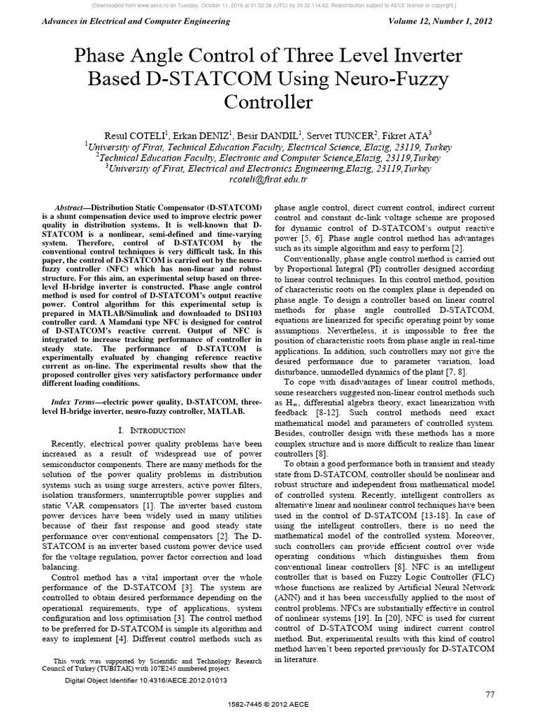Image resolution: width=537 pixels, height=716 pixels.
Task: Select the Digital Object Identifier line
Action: [145, 680]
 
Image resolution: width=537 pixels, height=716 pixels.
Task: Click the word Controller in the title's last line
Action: [268, 101]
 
